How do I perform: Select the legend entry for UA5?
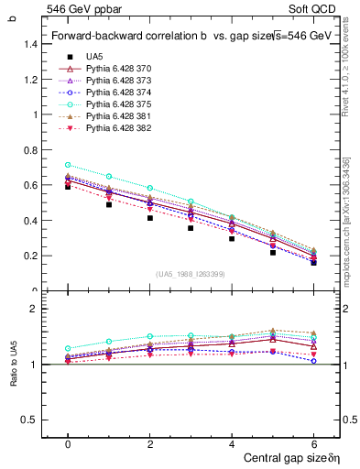pyautogui.click(x=93, y=57)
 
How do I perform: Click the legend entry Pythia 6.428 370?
pyautogui.click(x=119, y=69)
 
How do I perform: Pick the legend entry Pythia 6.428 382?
pyautogui.click(x=119, y=128)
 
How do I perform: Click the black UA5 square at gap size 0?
pyautogui.click(x=68, y=186)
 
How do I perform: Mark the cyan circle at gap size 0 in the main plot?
pyautogui.click(x=68, y=166)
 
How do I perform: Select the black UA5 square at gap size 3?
pyautogui.click(x=191, y=227)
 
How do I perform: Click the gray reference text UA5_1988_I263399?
pyautogui.click(x=191, y=274)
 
